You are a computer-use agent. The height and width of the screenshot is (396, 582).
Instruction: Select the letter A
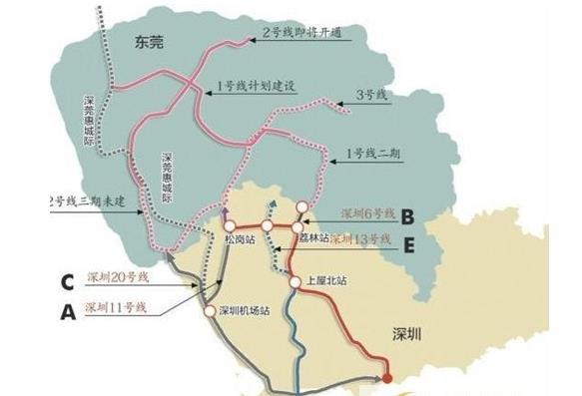tap(67, 310)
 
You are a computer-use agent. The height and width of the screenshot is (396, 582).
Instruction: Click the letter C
tap(65, 281)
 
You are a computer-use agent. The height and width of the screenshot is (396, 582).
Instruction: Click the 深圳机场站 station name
tap(244, 310)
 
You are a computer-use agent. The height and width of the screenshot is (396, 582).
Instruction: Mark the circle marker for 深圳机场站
tap(209, 310)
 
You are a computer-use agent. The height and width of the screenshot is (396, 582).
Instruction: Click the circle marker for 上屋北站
tap(296, 282)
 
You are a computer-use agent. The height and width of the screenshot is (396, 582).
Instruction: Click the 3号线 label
tap(368, 97)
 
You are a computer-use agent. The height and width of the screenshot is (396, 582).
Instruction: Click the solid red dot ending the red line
tap(387, 376)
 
